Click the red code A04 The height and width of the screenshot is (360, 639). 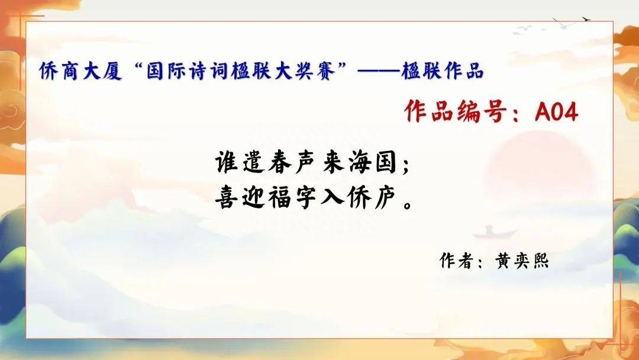(x=556, y=111)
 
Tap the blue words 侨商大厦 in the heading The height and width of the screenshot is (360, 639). (x=81, y=71)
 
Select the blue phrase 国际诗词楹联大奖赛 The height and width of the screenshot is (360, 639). (x=241, y=71)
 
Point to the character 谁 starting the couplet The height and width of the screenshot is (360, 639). (x=226, y=163)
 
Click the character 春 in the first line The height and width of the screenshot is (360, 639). (x=280, y=163)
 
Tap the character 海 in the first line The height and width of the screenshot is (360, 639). (x=360, y=163)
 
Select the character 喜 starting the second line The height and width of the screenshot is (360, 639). (x=226, y=199)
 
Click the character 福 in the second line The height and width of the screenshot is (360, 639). (x=280, y=199)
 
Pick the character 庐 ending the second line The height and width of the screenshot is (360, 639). (x=385, y=199)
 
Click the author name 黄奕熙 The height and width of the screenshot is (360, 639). (x=522, y=261)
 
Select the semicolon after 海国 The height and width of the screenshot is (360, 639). (x=405, y=166)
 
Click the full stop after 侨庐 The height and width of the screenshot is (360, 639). (x=407, y=204)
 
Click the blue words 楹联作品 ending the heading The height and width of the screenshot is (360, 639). (x=443, y=71)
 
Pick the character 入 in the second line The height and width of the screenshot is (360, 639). (x=333, y=199)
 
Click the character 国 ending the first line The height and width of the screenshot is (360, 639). (x=386, y=163)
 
